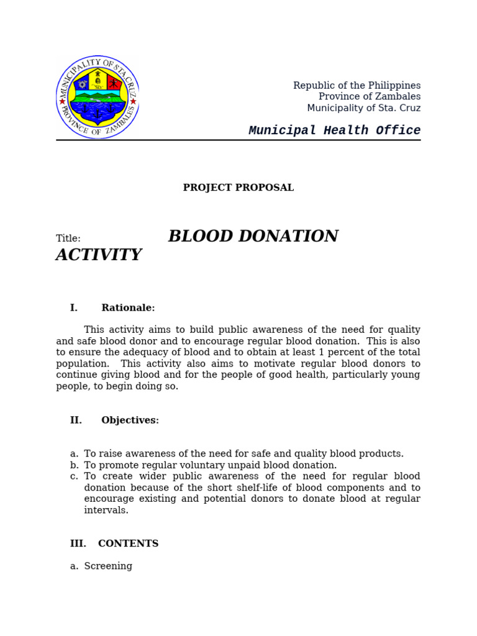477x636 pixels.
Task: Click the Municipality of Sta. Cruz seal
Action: pos(98,97)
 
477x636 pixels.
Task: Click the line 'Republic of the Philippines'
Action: pos(357,86)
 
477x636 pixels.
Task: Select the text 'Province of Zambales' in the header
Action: pos(369,97)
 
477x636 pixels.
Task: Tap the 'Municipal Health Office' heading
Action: pos(334,130)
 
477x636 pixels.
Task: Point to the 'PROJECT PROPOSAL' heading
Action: pos(238,188)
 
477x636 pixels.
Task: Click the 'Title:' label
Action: pos(68,238)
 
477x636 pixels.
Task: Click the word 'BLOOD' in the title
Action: pos(199,237)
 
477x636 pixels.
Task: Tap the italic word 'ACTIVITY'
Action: pos(99,255)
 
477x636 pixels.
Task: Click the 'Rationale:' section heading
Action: pos(128,308)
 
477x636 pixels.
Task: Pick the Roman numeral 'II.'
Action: pos(76,420)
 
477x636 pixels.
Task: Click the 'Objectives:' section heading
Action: pos(130,420)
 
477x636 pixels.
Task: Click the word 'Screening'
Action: pos(108,566)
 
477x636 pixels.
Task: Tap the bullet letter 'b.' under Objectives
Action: pos(74,465)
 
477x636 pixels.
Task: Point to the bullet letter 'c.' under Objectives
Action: pos(74,476)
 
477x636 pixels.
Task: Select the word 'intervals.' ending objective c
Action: pos(106,511)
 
